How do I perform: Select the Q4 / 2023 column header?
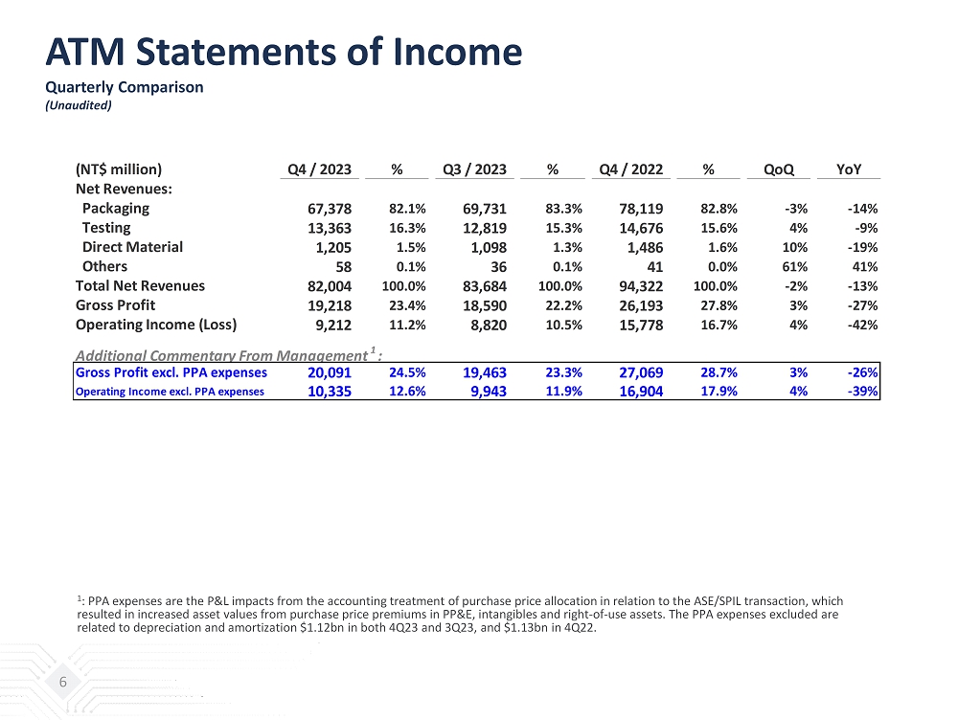pos(320,169)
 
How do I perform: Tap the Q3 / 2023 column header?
pos(475,169)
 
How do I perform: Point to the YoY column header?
pos(849,169)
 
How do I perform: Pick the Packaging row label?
pos(115,208)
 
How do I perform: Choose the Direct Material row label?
pos(132,247)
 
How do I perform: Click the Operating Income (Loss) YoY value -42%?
pos(862,325)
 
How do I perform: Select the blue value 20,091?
pos(329,372)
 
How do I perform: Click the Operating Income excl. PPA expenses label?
pos(170,392)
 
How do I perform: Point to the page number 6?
pos(63,682)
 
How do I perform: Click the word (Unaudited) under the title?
pos(80,105)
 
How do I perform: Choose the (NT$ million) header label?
pos(119,169)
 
